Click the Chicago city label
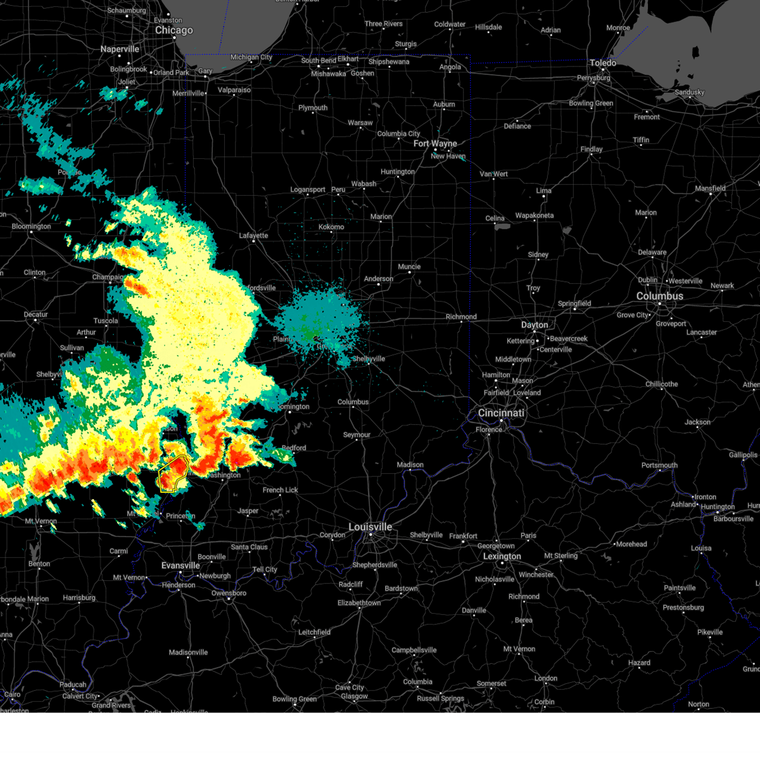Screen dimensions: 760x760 pyautogui.click(x=174, y=30)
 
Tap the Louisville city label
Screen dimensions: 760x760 pyautogui.click(x=370, y=527)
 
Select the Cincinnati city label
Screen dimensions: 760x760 pyautogui.click(x=501, y=413)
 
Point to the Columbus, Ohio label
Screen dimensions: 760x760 pyautogui.click(x=659, y=296)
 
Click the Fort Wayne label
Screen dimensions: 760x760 pyautogui.click(x=434, y=144)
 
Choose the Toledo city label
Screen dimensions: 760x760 pyautogui.click(x=602, y=63)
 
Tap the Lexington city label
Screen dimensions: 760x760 pyautogui.click(x=502, y=556)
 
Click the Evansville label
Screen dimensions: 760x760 pyautogui.click(x=180, y=565)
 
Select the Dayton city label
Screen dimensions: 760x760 pyautogui.click(x=535, y=325)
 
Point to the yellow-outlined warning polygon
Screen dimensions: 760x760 pyautogui.click(x=172, y=473)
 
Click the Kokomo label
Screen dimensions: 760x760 pyautogui.click(x=331, y=227)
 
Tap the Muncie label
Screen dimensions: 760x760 pyautogui.click(x=409, y=267)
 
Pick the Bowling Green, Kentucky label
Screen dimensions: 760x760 pyautogui.click(x=294, y=699)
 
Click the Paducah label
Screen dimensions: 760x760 pyautogui.click(x=73, y=685)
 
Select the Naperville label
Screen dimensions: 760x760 pyautogui.click(x=120, y=49)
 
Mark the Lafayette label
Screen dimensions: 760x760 pyautogui.click(x=253, y=236)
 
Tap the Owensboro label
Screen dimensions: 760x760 pyautogui.click(x=229, y=593)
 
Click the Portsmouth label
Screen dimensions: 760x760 pyautogui.click(x=659, y=465)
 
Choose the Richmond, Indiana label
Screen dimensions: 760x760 pyautogui.click(x=461, y=317)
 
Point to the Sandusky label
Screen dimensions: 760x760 pyautogui.click(x=689, y=92)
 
